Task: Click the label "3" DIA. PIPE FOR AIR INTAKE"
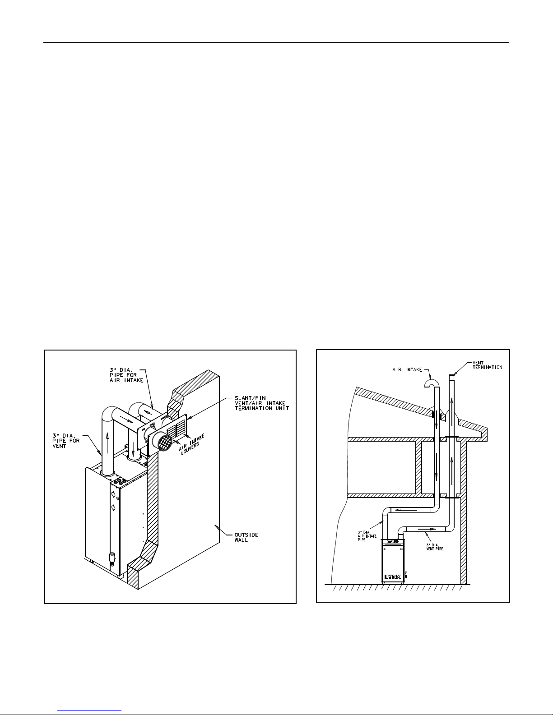click(x=127, y=375)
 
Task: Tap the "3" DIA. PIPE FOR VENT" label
click(x=65, y=440)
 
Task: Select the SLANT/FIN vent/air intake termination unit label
click(x=262, y=403)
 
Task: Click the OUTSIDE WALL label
click(x=246, y=538)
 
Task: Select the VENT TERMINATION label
click(x=487, y=365)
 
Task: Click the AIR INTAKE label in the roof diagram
click(x=407, y=369)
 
